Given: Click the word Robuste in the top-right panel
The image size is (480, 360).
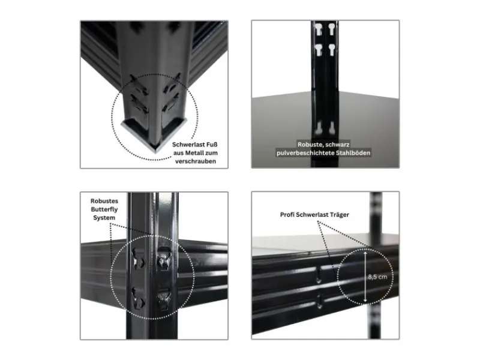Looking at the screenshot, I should tap(312, 145).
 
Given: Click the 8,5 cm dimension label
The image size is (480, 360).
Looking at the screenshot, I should tap(377, 277).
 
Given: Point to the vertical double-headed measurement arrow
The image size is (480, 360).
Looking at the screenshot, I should tap(364, 277).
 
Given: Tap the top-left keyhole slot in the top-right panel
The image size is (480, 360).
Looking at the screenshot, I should tap(317, 28).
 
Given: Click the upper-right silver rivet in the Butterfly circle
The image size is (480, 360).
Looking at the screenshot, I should tap(161, 260).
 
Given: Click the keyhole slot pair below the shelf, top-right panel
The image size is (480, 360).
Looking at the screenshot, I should tap(325, 127).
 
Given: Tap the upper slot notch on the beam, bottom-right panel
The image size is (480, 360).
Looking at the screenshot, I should tap(318, 275).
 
